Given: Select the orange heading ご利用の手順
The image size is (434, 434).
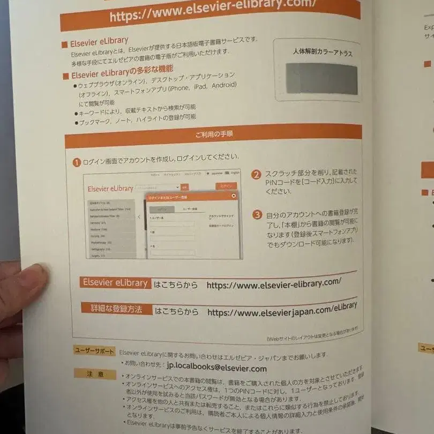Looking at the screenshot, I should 214,134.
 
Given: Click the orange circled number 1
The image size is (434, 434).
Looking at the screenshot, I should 77,162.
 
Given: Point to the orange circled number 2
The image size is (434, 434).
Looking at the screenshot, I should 257,175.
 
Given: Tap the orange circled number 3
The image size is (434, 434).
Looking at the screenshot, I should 257,215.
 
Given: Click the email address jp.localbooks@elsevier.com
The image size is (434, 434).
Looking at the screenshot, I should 209,368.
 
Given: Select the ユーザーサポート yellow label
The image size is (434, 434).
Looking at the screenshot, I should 94,351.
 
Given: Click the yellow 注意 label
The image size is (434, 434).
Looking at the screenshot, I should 95,374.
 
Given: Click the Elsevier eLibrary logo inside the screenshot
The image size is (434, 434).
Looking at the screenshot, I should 110,188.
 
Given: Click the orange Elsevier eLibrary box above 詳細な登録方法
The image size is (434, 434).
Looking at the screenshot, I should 115,283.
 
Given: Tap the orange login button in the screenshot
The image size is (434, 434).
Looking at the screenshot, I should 226,186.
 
